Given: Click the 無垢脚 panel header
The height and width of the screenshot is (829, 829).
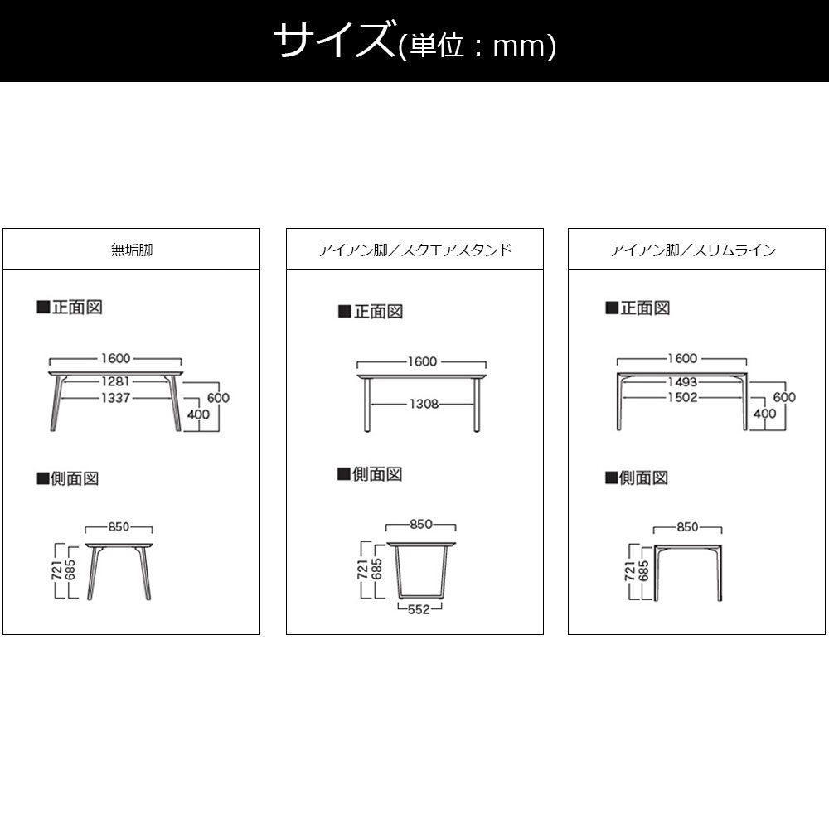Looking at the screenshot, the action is click(x=132, y=250).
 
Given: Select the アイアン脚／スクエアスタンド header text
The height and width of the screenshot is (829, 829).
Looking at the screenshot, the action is click(x=415, y=250).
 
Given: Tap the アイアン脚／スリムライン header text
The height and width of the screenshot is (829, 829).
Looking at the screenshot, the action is click(x=693, y=250).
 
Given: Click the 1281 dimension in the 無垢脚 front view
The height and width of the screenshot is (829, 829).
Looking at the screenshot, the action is click(x=116, y=381).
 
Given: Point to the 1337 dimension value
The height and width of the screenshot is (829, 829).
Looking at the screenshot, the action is click(x=116, y=398).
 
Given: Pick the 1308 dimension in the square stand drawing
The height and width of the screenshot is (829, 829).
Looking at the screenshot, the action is click(x=424, y=404).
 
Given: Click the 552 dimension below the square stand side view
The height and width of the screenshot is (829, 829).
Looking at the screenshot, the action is click(x=419, y=609).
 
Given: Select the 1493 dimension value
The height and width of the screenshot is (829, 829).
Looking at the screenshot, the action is click(x=682, y=381).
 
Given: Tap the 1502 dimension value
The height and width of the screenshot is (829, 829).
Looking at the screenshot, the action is click(x=682, y=398).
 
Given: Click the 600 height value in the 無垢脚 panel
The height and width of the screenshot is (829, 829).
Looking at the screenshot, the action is click(x=218, y=398).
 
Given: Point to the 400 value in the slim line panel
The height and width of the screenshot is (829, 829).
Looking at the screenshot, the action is click(x=764, y=414).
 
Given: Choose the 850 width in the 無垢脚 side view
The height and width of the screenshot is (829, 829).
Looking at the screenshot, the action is click(x=119, y=526).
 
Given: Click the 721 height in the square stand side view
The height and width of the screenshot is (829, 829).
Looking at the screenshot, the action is click(x=363, y=569).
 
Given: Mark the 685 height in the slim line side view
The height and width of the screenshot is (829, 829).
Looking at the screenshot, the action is click(x=643, y=571).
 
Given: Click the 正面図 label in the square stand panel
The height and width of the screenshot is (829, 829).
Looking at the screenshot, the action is click(x=379, y=312).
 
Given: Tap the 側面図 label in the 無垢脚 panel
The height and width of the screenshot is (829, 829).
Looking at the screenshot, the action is click(x=75, y=478).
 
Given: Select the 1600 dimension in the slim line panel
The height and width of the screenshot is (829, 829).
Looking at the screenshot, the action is click(x=682, y=358).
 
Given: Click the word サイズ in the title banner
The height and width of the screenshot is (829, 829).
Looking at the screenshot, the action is click(x=333, y=40).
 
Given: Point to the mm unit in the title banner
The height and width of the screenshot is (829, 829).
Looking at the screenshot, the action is click(x=518, y=46).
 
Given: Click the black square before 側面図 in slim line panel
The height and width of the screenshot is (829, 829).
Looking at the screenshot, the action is click(x=611, y=478).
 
